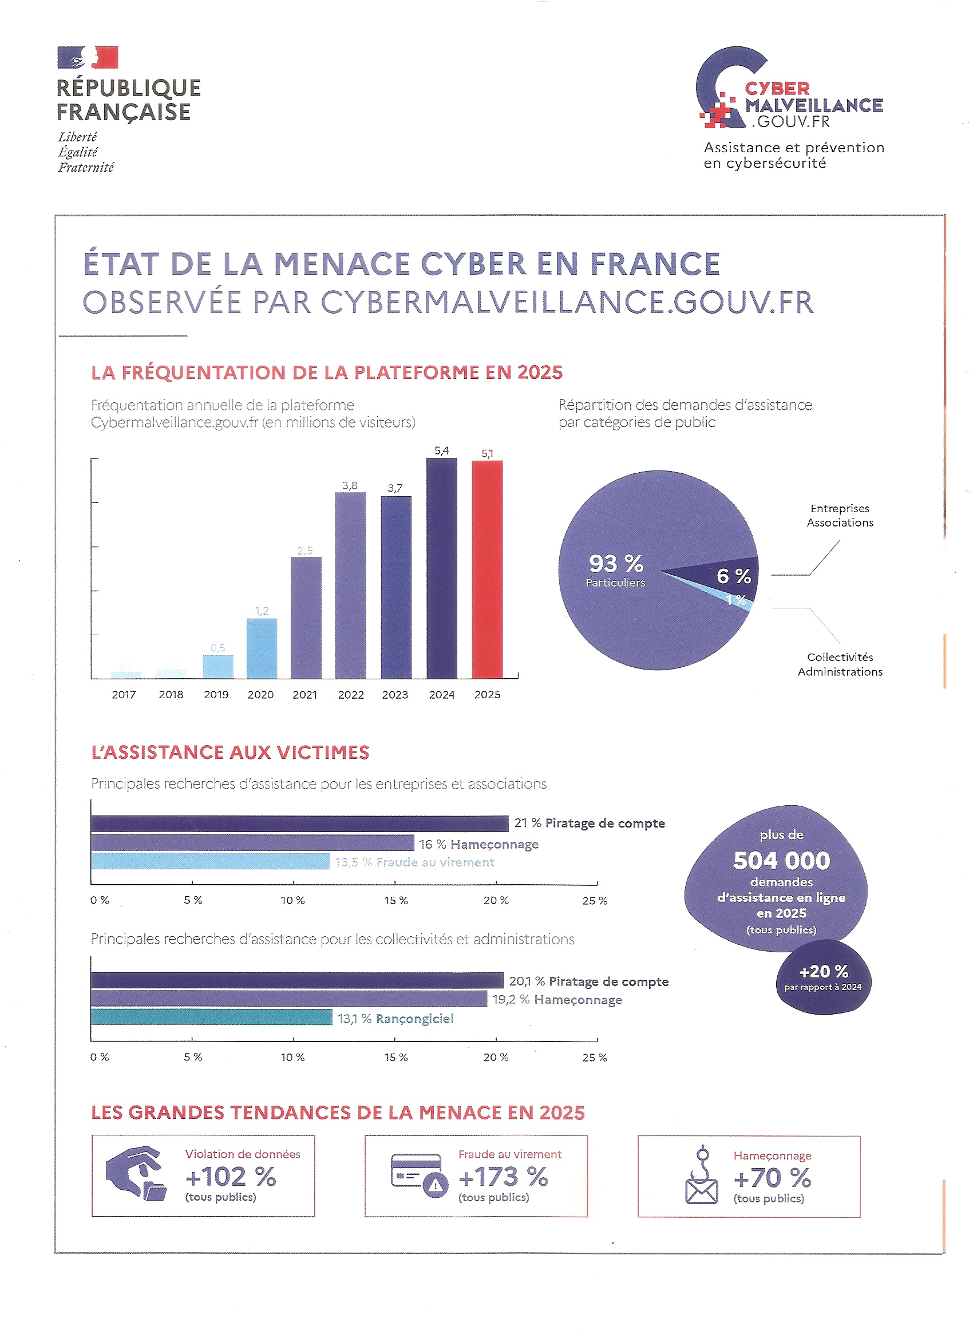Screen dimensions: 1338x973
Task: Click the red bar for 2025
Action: (487, 569)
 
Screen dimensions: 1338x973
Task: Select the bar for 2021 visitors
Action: (306, 617)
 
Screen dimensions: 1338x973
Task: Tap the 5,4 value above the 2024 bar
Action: (441, 451)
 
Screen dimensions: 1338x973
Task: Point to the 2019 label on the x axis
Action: (216, 694)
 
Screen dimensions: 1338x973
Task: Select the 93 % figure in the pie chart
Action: (615, 563)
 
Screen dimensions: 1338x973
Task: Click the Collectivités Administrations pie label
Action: (840, 664)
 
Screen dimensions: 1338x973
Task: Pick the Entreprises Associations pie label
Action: (840, 515)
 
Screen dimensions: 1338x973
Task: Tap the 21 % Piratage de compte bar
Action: (299, 823)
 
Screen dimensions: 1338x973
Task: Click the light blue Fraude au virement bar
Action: (210, 861)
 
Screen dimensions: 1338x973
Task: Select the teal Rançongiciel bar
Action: (211, 1017)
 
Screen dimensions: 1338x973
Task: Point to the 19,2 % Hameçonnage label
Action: (556, 999)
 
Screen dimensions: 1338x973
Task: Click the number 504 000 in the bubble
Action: (781, 861)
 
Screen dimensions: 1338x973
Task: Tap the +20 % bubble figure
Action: (823, 971)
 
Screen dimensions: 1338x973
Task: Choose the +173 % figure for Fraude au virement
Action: (503, 1177)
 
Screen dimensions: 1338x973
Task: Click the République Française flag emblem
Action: (88, 57)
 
